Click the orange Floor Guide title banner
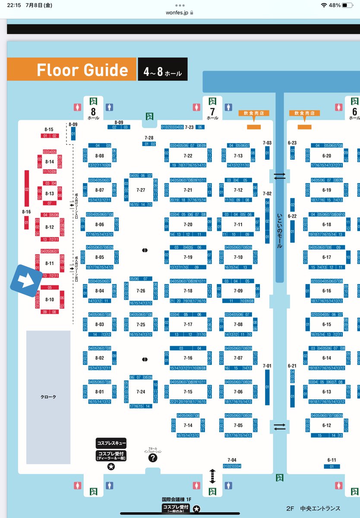pos(72,70)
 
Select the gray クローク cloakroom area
pos(48,396)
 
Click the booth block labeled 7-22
pos(188,156)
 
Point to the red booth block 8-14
pos(50,161)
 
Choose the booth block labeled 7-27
pos(141,190)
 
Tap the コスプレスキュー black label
pos(111,443)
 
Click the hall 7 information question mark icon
pos(153,458)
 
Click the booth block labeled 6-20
pos(326,156)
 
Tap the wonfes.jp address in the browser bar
pos(177,13)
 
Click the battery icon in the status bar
pos(348,5)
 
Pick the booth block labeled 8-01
pos(100,392)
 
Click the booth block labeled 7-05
pos(238,426)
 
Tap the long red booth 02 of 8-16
pos(27,188)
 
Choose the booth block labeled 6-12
pos(326,426)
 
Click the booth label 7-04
pos(232,460)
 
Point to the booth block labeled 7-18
pos(188,291)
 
